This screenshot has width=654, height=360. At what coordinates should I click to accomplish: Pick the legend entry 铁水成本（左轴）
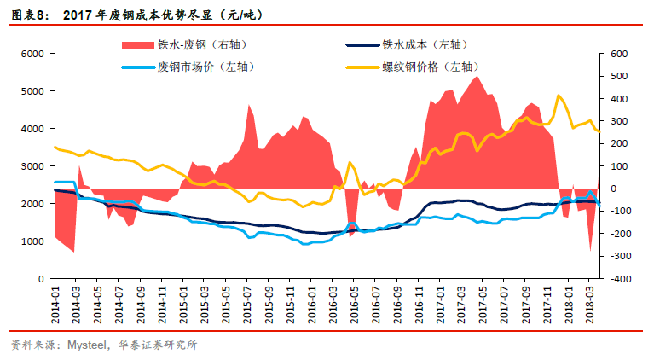coord(425,44)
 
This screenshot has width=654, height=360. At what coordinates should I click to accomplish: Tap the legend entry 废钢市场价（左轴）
coord(205,67)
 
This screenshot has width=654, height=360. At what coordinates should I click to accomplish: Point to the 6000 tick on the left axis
coord(32,54)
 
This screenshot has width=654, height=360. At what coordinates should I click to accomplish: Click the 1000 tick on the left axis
coord(32,241)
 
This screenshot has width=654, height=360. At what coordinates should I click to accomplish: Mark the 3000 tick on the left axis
coord(32,166)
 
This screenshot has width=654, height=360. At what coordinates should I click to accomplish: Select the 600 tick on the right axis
coord(619,54)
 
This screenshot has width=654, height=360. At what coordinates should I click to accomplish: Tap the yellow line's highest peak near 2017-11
coord(558,96)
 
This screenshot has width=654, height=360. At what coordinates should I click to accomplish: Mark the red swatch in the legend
coord(136,44)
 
